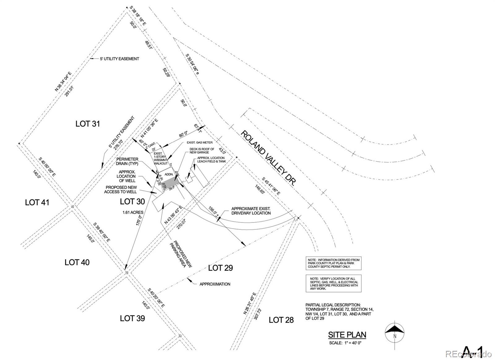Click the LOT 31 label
(x=88, y=124)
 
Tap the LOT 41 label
(x=37, y=202)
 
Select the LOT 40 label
(x=77, y=262)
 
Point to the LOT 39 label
(x=132, y=318)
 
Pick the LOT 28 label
(x=281, y=320)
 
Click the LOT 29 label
(x=220, y=268)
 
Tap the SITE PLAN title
(x=347, y=335)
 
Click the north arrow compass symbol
(x=395, y=333)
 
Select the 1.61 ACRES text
(x=133, y=212)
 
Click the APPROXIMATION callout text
(x=215, y=284)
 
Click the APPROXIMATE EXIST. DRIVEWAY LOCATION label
(x=251, y=211)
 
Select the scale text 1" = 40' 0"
(x=345, y=343)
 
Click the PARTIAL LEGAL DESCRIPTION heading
(x=333, y=305)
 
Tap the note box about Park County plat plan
(x=334, y=263)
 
